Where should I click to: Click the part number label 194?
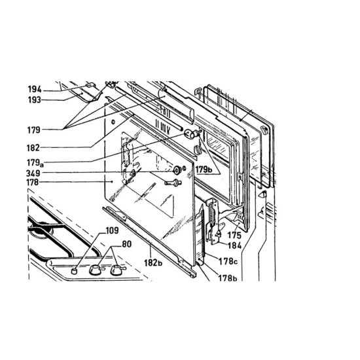[x=35, y=89]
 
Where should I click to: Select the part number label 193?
[x=35, y=100]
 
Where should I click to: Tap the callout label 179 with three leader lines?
[x=34, y=130]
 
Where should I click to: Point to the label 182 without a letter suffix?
[x=33, y=148]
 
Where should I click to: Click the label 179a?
[x=35, y=163]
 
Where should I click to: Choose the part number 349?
[x=33, y=173]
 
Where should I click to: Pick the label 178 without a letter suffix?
[x=32, y=183]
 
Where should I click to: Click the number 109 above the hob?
[x=113, y=230]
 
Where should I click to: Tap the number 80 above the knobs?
[x=127, y=244]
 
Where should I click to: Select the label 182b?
[x=153, y=262]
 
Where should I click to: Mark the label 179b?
[x=204, y=170]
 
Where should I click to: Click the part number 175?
[x=234, y=236]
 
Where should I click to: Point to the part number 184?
[x=234, y=245]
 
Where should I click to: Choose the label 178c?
[x=228, y=261]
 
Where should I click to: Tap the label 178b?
[x=228, y=278]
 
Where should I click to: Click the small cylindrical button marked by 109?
[x=74, y=270]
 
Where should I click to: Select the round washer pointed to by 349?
[x=177, y=170]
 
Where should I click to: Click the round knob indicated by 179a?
[x=189, y=134]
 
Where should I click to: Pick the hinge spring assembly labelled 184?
[x=213, y=221]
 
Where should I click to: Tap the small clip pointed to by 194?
[x=90, y=84]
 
